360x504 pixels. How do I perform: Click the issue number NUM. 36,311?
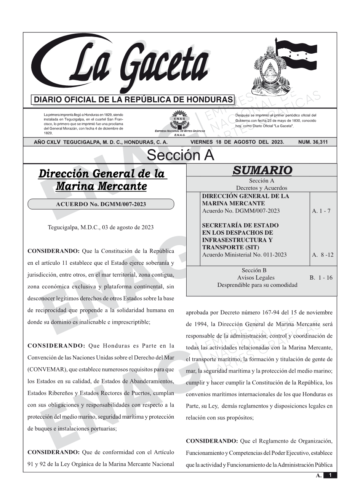click(x=313, y=142)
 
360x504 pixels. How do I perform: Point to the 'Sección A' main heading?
click(x=180, y=155)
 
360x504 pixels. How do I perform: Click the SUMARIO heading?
click(x=262, y=170)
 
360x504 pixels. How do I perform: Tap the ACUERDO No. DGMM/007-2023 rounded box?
click(x=101, y=204)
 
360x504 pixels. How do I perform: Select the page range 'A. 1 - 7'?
click(x=321, y=211)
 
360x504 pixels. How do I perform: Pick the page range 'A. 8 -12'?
click(x=322, y=254)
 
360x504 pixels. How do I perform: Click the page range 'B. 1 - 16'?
click(x=321, y=278)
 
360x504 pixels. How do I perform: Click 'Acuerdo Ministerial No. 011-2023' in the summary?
click(x=244, y=254)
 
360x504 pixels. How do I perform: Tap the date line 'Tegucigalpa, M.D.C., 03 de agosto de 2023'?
click(x=101, y=227)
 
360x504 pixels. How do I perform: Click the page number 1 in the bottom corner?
click(x=330, y=475)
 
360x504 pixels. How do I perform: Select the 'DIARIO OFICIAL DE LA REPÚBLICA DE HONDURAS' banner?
click(x=133, y=100)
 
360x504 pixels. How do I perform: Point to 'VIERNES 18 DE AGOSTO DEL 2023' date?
click(x=237, y=142)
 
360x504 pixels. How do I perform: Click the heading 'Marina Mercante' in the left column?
click(x=101, y=186)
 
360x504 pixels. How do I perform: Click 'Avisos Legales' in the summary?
click(x=256, y=278)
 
